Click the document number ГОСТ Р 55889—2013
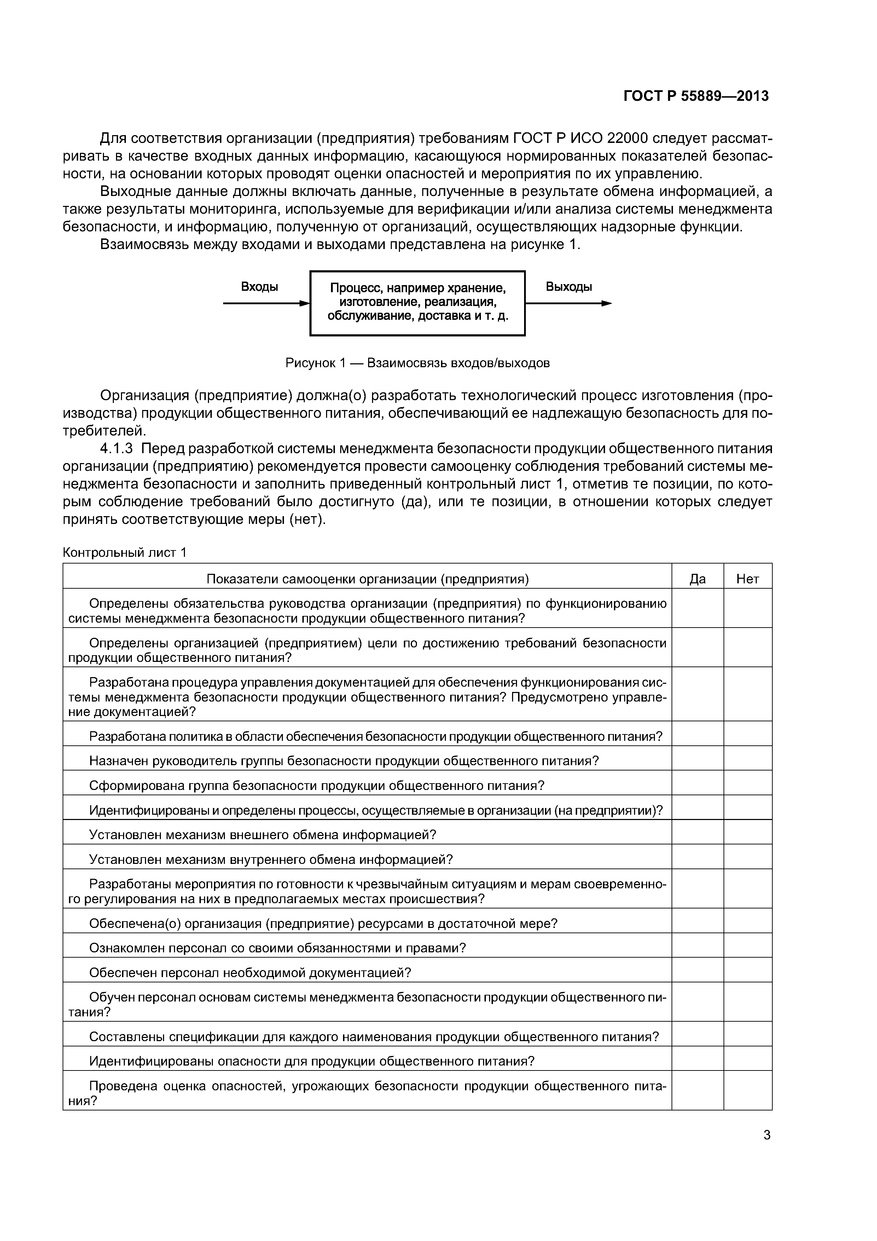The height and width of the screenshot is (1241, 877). pos(696,96)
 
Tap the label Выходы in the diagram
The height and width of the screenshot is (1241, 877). pos(568,287)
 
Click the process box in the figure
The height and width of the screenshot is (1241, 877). pos(417,303)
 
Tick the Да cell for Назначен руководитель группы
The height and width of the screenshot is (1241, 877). pos(698,761)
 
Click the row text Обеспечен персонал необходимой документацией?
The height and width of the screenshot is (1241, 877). pos(250,972)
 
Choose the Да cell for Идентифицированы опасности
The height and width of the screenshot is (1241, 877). pos(698,1061)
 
